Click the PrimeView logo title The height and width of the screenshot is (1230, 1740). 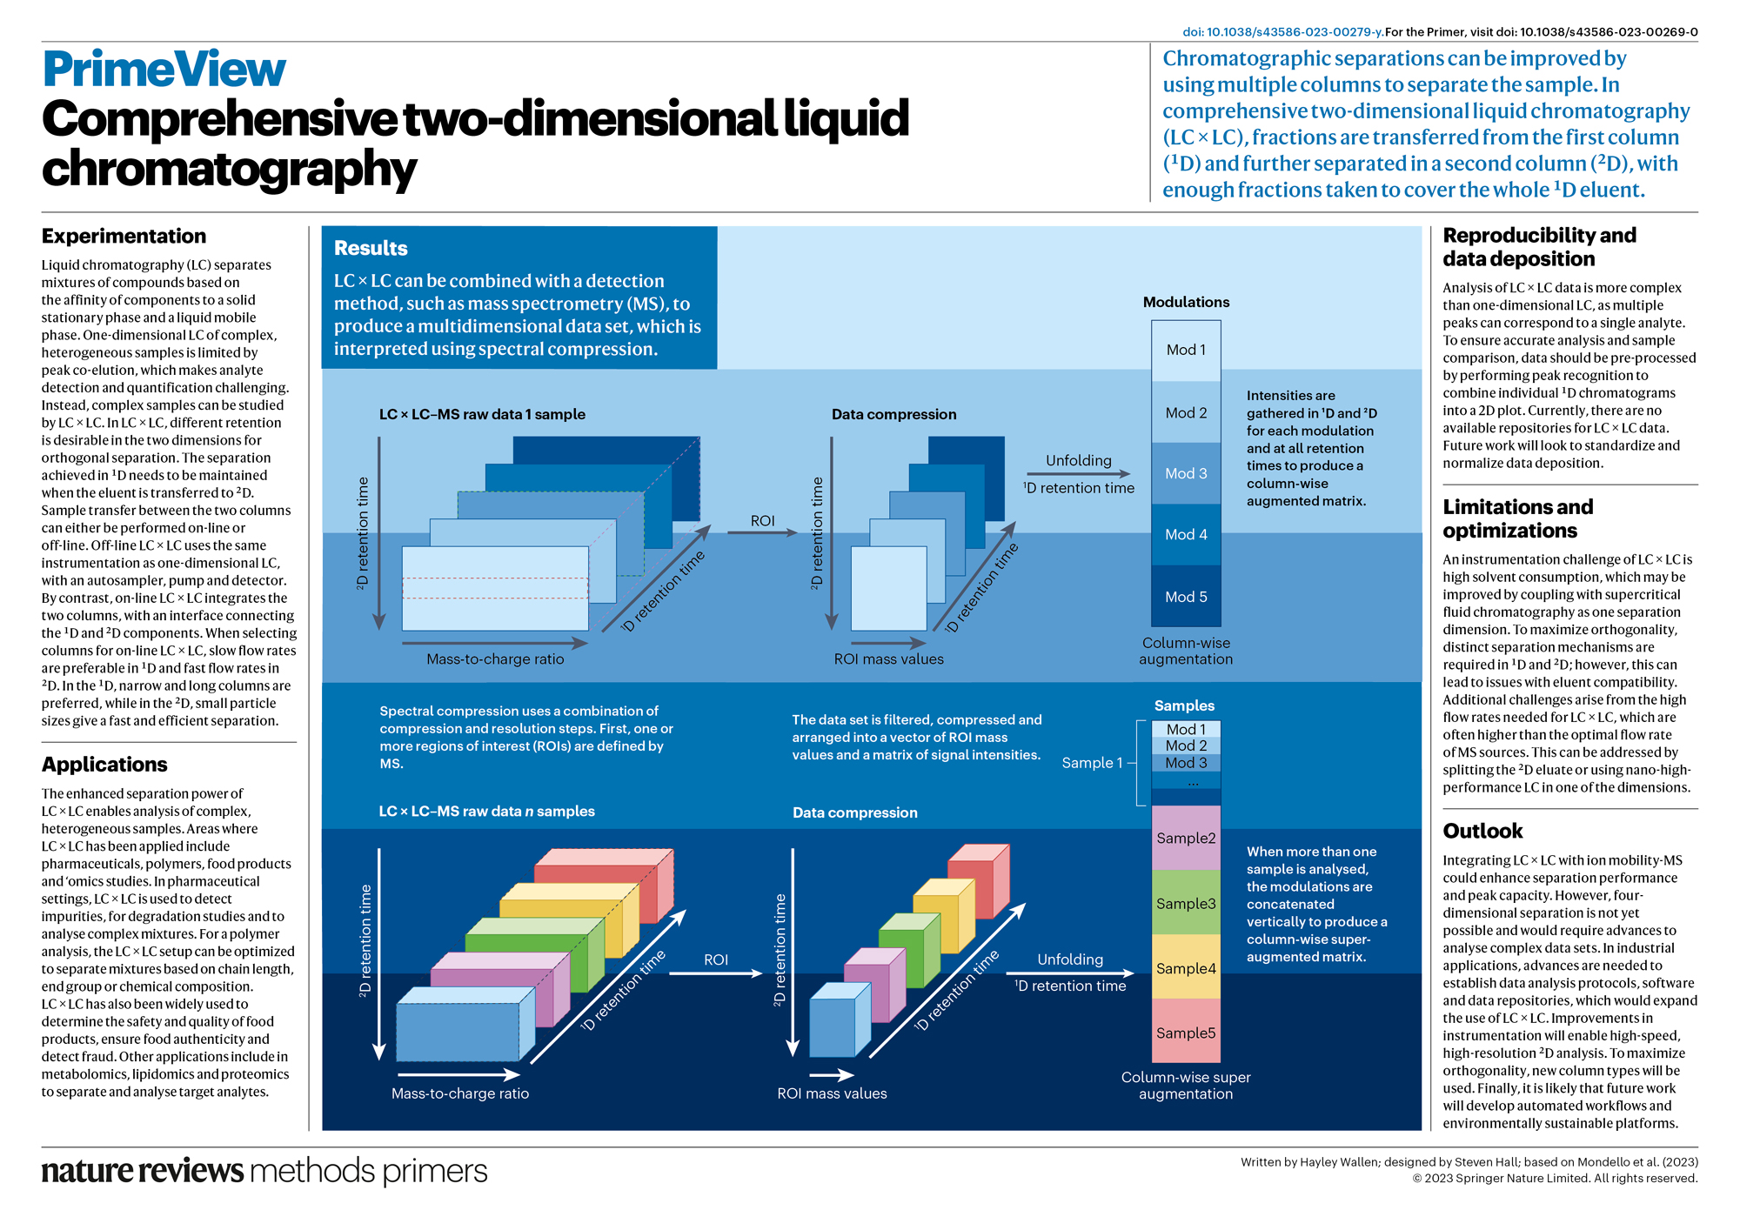[164, 70]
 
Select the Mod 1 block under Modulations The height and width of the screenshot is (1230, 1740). [1186, 350]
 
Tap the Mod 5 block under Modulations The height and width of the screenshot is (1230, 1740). [1186, 597]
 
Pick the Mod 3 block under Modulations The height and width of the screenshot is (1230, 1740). [1186, 473]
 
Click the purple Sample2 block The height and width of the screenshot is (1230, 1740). [1186, 838]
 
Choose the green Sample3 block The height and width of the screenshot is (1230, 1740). [1186, 903]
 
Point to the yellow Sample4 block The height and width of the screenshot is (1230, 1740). [1186, 967]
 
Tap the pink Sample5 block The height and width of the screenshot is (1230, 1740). [1186, 1033]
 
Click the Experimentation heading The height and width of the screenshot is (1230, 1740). [124, 237]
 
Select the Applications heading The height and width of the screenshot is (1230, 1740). [104, 765]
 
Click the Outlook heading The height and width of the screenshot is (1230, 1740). [1482, 831]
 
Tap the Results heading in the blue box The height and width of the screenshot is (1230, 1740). [371, 249]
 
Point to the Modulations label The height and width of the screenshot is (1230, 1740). [1186, 302]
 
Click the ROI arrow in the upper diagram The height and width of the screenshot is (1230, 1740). [762, 531]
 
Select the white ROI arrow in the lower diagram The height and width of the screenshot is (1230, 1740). [715, 973]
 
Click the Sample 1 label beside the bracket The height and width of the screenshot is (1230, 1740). [1092, 763]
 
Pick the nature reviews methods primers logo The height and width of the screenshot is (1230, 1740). [264, 1171]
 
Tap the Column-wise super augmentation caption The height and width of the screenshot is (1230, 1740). [1186, 1085]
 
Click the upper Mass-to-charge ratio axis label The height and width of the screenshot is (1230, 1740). [495, 659]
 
